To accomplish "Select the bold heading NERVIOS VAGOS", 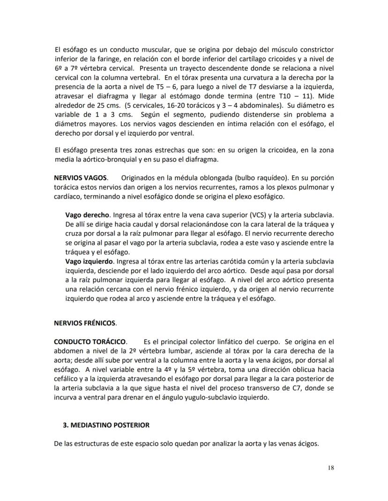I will point(81,178).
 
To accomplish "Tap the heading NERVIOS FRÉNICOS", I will point(85,323).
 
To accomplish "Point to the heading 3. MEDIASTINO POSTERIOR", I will point(106,425).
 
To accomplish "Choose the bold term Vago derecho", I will point(87,215).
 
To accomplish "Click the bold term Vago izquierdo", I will point(89,261).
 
